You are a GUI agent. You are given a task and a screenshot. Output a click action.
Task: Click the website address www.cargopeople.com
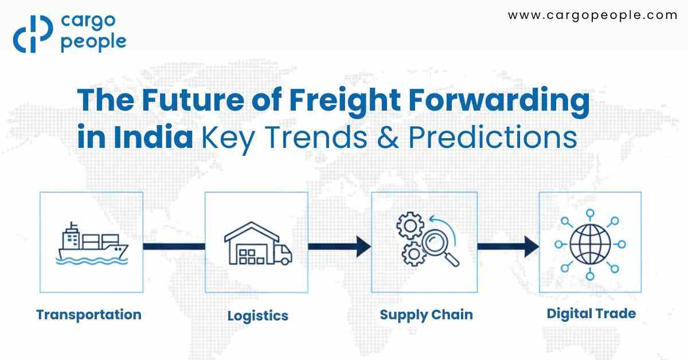pyautogui.click(x=593, y=15)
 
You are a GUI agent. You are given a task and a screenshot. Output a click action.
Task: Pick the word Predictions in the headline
pyautogui.click(x=485, y=139)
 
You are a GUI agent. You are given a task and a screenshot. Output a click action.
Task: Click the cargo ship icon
pyautogui.click(x=92, y=243)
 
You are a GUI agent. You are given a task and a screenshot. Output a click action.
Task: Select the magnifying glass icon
pyautogui.click(x=439, y=246)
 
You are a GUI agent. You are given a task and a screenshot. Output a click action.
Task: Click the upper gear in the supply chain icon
pyautogui.click(x=409, y=226)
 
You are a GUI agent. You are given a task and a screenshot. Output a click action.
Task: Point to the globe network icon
pyautogui.click(x=590, y=244)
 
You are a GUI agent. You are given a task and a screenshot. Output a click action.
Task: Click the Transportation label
pyautogui.click(x=89, y=315)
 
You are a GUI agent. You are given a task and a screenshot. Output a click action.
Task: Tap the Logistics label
pyautogui.click(x=258, y=316)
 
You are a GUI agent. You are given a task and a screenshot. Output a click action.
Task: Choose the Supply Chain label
pyautogui.click(x=426, y=315)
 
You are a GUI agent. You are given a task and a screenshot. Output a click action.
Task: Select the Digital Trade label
pyautogui.click(x=591, y=314)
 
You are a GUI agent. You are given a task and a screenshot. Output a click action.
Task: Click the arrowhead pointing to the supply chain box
pyautogui.click(x=362, y=246)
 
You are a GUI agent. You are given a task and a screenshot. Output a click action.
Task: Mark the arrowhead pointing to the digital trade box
pyautogui.click(x=530, y=246)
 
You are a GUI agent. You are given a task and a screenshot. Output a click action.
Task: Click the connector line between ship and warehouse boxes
pyautogui.click(x=174, y=246)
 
